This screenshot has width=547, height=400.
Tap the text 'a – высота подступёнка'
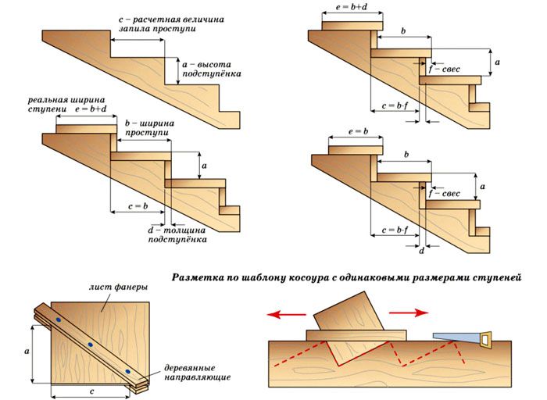pos(207,68)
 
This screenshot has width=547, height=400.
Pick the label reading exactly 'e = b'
pos(356,133)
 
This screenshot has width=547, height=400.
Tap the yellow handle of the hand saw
pos(486,340)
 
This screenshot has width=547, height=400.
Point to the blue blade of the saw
pos(453,335)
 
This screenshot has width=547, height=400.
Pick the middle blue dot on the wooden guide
pos(91,345)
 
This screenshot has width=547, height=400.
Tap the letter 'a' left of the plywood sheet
pos(27,352)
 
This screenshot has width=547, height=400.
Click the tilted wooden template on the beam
pos(349,320)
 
